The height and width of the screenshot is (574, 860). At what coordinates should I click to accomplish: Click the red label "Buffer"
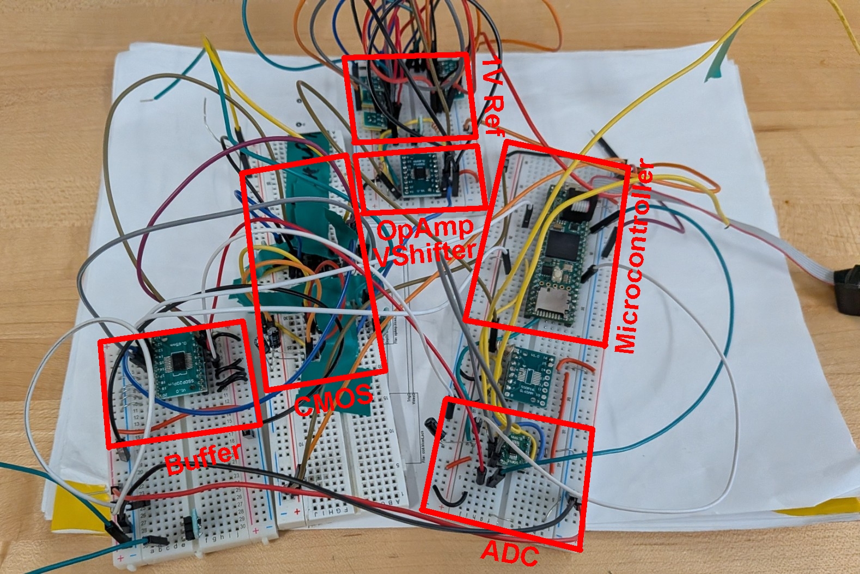[x=203, y=459]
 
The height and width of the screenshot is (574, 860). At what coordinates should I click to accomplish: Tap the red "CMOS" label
[x=333, y=400]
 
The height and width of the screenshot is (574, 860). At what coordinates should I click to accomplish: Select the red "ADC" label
[x=510, y=553]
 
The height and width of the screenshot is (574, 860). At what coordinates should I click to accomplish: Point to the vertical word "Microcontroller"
[x=633, y=256]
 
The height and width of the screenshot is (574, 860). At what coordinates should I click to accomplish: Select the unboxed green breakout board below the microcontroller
[x=527, y=375]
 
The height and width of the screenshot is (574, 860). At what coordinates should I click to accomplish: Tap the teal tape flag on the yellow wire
[x=718, y=63]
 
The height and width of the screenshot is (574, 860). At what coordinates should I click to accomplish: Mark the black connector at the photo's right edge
[x=846, y=289]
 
